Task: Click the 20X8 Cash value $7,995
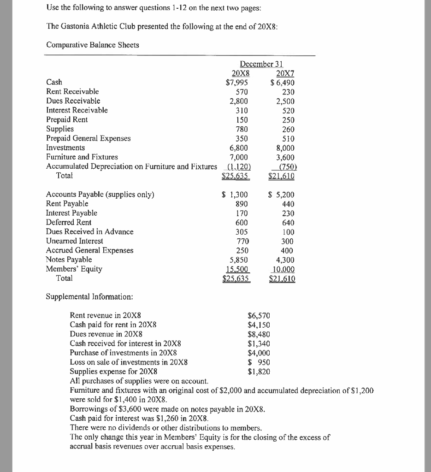click(x=237, y=82)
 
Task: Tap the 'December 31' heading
click(x=261, y=64)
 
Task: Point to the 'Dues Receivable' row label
click(x=73, y=101)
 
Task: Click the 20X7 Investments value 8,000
click(x=284, y=148)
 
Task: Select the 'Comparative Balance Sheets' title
click(x=93, y=45)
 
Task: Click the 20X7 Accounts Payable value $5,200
click(x=281, y=195)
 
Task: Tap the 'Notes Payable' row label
click(x=69, y=260)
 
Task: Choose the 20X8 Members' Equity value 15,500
click(x=239, y=269)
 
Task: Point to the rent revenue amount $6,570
click(x=259, y=316)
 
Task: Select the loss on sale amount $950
click(x=259, y=362)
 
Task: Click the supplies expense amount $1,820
click(x=259, y=372)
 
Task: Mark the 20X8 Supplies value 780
click(x=242, y=129)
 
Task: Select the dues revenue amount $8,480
click(x=259, y=334)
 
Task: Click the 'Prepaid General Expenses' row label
click(x=89, y=138)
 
